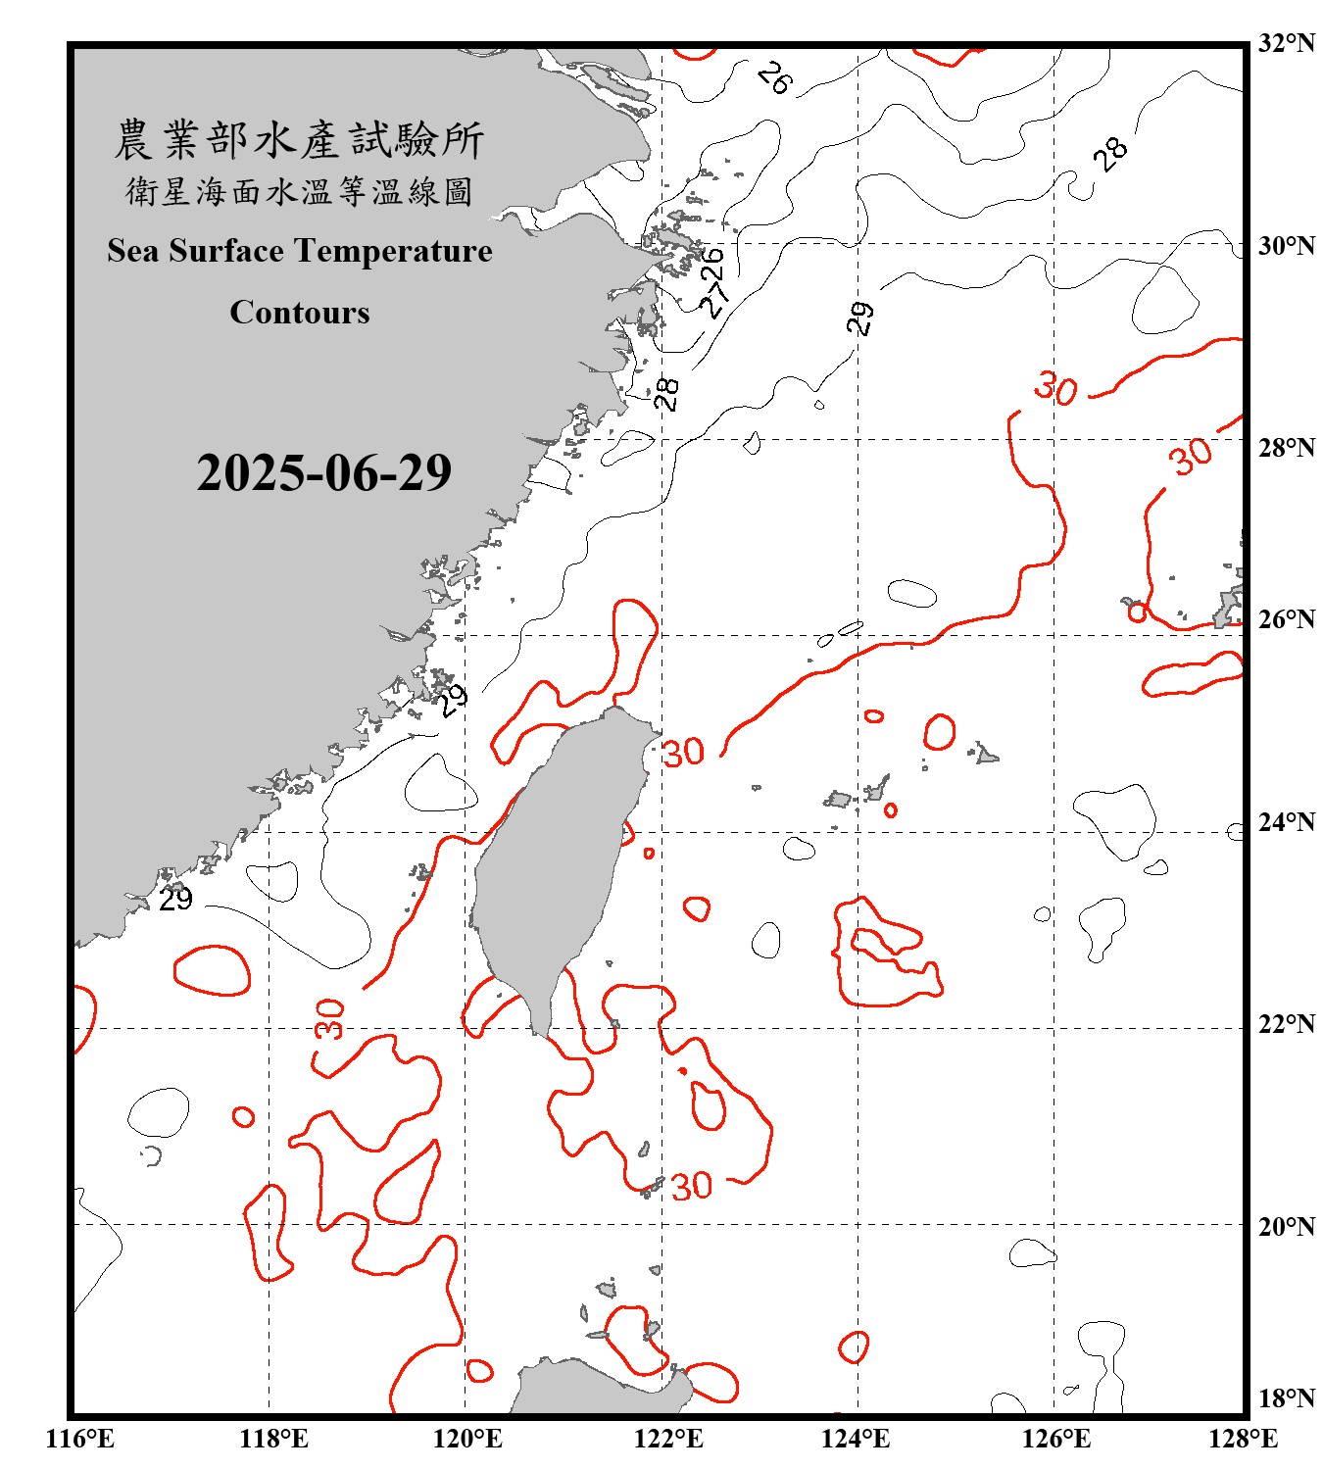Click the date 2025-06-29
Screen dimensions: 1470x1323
tap(323, 473)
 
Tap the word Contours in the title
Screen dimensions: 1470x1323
tap(300, 313)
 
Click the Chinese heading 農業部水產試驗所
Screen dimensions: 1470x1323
tap(299, 139)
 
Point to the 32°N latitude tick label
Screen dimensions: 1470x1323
tap(1286, 43)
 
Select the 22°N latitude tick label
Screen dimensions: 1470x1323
tap(1286, 1024)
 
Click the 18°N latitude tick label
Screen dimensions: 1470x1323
tap(1286, 1398)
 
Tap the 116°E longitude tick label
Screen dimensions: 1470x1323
tap(80, 1439)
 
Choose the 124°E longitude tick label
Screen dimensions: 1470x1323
tap(856, 1439)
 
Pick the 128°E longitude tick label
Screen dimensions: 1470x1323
tap(1243, 1439)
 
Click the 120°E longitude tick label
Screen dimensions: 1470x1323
tap(467, 1439)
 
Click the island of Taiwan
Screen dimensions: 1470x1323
tap(554, 862)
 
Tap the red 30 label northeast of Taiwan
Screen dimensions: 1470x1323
tap(683, 753)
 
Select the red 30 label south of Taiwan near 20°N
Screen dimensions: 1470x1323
tap(691, 1186)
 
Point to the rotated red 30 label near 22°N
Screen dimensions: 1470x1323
tap(330, 1019)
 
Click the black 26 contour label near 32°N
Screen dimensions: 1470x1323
tap(774, 77)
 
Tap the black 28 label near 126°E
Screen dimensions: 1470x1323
tap(1111, 154)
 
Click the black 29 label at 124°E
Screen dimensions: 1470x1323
tap(859, 318)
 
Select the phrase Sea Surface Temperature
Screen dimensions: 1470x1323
tap(300, 251)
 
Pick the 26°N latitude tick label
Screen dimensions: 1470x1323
tap(1286, 619)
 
